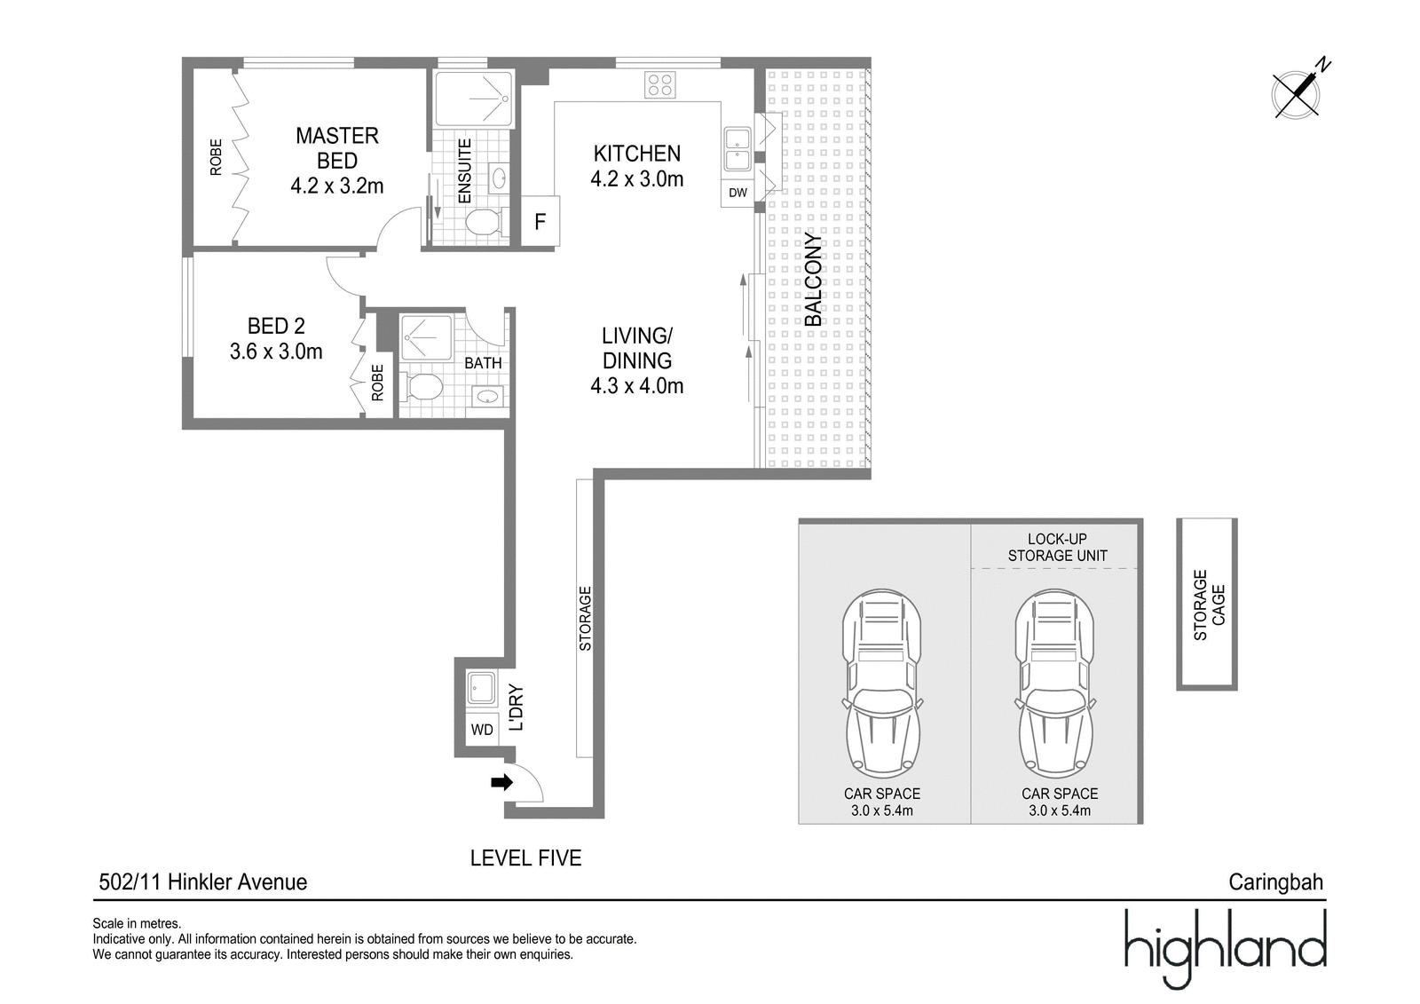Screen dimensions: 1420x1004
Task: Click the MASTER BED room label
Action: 337,147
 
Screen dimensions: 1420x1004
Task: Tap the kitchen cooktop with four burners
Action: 660,84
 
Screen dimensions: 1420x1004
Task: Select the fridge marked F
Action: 540,221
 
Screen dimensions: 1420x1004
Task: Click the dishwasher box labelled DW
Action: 738,193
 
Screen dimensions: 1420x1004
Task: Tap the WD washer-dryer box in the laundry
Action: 482,730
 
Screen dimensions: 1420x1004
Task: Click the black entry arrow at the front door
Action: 501,782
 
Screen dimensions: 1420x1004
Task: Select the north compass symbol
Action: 1299,94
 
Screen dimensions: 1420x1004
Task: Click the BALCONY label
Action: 813,280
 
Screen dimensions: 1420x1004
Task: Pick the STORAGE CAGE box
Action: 1207,605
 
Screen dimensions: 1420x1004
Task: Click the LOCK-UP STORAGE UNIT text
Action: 1057,548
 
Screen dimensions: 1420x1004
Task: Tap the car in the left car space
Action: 882,684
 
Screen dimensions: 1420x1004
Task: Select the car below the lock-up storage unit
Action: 1054,684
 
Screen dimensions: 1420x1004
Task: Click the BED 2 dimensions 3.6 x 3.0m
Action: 276,352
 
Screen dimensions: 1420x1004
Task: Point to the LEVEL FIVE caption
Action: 525,858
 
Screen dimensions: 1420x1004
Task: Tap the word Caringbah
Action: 1276,881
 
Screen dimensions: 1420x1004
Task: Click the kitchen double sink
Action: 738,149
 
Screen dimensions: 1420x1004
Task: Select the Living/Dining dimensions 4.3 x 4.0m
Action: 637,385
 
